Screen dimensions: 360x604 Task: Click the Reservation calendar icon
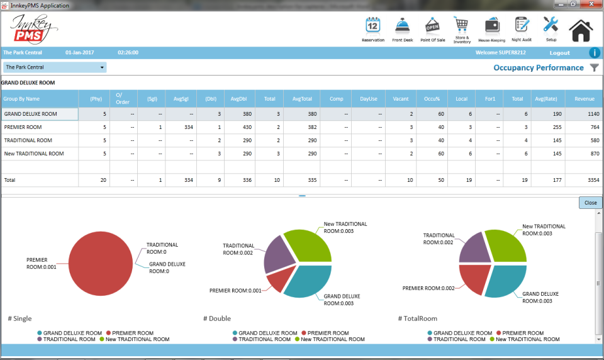(x=372, y=26)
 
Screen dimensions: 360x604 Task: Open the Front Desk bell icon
(x=402, y=26)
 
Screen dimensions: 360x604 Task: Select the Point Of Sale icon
(x=432, y=26)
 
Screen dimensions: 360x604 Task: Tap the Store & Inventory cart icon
(x=462, y=25)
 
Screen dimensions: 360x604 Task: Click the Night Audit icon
(x=521, y=25)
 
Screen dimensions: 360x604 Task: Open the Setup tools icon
(x=551, y=25)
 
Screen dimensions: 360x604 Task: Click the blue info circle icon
(x=594, y=53)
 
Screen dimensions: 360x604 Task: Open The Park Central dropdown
(x=55, y=67)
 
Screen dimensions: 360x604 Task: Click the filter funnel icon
(x=595, y=68)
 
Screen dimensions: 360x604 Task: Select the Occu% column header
(x=432, y=99)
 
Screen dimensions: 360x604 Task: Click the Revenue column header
(x=584, y=99)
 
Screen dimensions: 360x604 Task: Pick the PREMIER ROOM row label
(x=19, y=127)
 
